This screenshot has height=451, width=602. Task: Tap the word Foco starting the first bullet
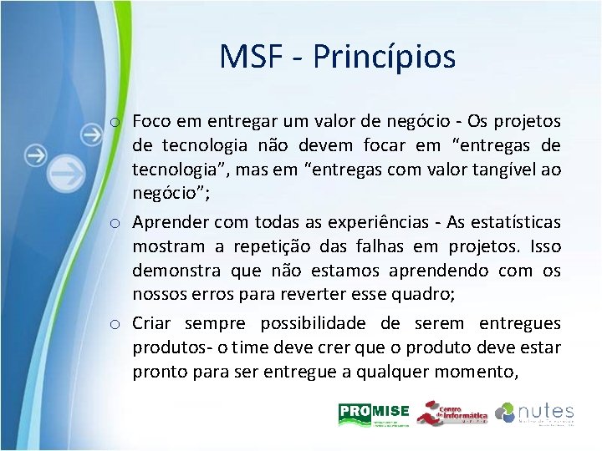(151, 122)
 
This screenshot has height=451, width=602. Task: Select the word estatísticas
(513, 222)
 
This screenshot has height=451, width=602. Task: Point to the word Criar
(153, 322)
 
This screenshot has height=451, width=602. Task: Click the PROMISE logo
(374, 414)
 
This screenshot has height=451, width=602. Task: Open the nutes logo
(534, 414)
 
